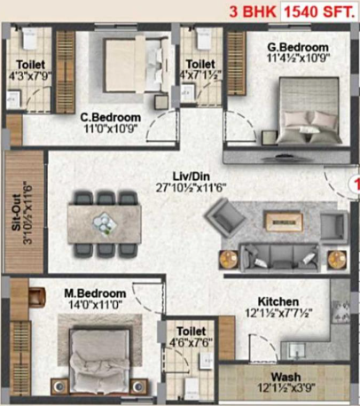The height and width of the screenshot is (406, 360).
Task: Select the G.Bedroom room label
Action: coord(299,47)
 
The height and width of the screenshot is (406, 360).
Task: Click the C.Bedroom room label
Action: coord(110,116)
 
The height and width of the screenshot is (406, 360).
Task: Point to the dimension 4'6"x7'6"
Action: coord(189,346)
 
